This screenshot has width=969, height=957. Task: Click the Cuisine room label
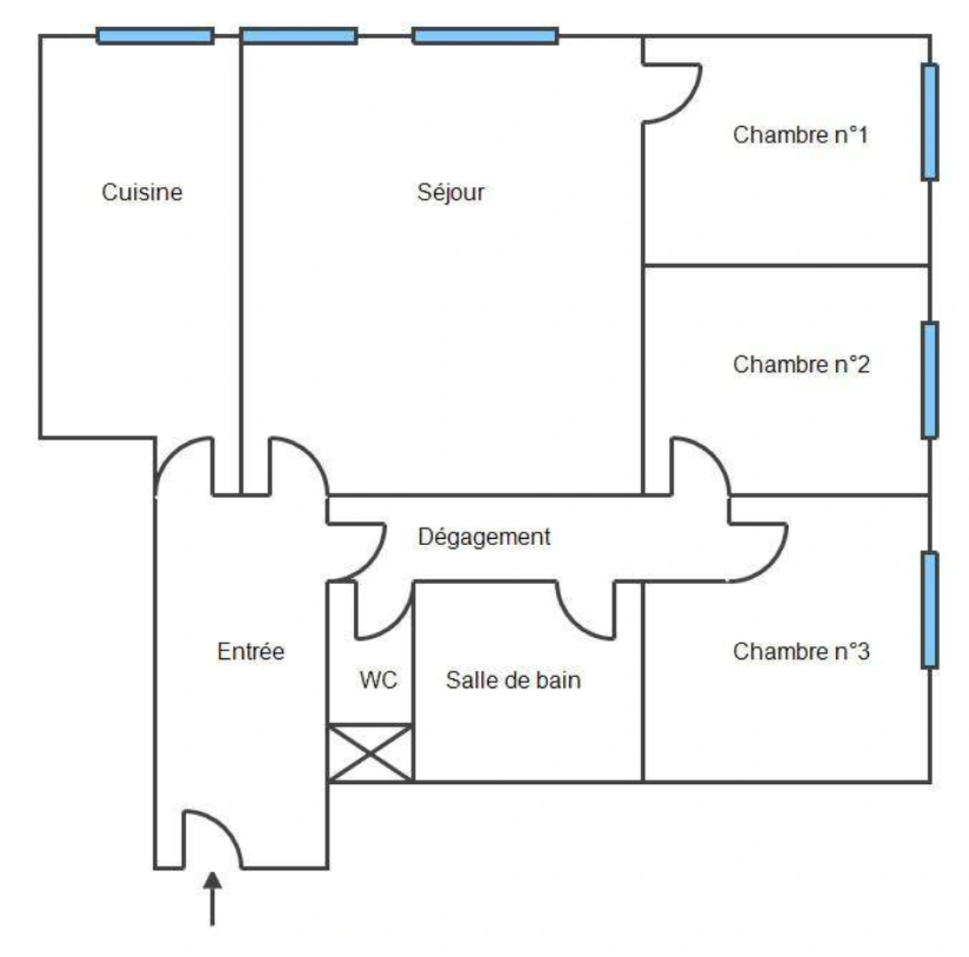(142, 192)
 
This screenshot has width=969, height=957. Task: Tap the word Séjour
(450, 192)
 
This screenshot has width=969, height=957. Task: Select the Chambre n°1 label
(801, 136)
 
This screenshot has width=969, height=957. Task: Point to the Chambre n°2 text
(801, 364)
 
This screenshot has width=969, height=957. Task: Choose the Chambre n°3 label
(801, 652)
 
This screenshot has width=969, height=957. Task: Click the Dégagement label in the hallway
(484, 537)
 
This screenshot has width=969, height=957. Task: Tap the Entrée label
(251, 651)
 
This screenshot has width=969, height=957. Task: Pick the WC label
(379, 681)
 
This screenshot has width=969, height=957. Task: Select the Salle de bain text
(513, 681)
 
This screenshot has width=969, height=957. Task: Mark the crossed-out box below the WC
(371, 753)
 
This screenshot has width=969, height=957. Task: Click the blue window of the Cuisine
(155, 36)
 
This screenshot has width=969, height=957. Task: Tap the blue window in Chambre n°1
(929, 121)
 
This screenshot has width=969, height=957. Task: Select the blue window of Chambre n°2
(929, 380)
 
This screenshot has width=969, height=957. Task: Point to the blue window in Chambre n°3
(929, 610)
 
